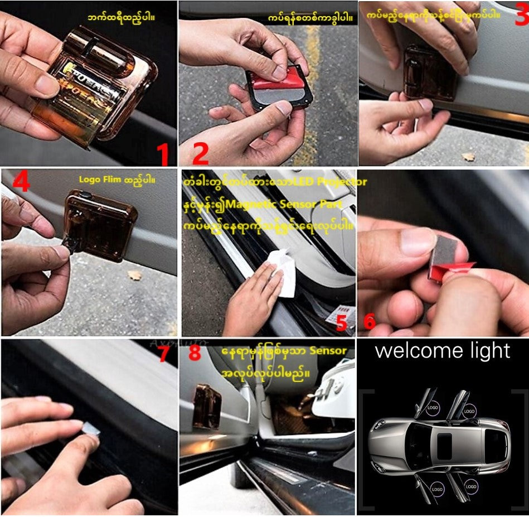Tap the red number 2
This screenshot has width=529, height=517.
click(200, 153)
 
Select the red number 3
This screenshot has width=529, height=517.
click(521, 16)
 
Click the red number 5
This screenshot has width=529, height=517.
click(341, 322)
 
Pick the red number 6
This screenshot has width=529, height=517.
click(369, 322)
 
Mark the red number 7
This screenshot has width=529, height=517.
click(163, 354)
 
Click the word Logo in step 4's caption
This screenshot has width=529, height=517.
click(89, 180)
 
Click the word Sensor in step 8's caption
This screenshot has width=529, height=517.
click(328, 351)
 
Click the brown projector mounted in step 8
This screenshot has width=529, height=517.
click(207, 407)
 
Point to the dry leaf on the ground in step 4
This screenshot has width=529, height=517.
click(134, 275)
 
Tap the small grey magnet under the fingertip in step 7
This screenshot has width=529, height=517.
click(91, 428)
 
